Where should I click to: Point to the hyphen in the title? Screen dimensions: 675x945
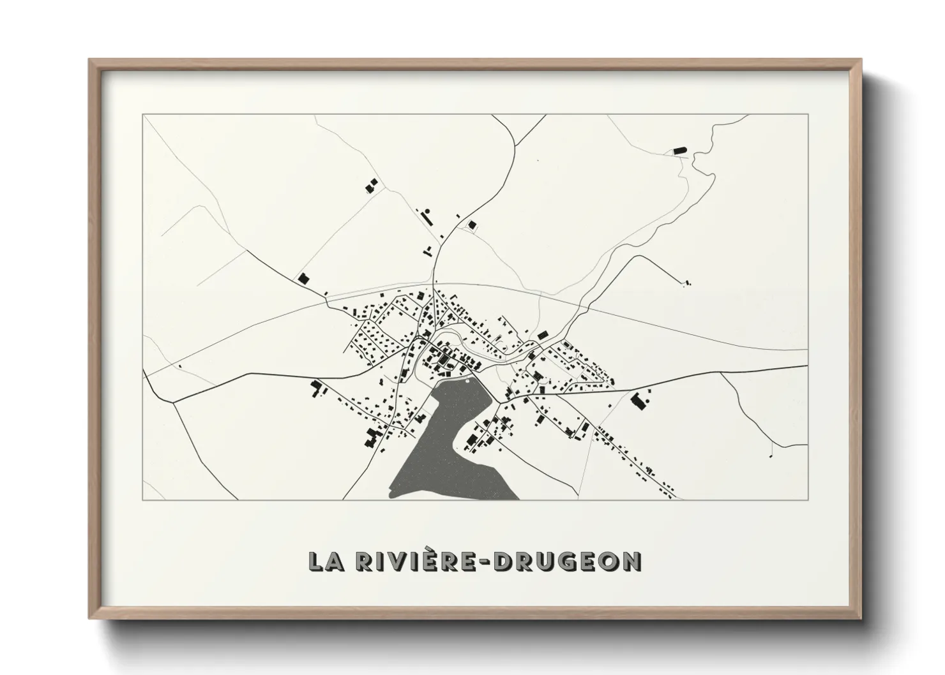tap(487, 562)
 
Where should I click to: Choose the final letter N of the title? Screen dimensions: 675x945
tap(632, 561)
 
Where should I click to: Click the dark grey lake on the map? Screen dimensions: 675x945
tap(447, 447)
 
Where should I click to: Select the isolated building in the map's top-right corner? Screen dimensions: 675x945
tap(679, 151)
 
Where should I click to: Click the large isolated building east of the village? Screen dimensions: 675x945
tap(637, 401)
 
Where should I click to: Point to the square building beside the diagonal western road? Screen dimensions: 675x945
tap(303, 279)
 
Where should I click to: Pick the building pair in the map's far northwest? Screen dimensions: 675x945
tap(370, 186)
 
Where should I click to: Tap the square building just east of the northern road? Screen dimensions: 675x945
tap(472, 224)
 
